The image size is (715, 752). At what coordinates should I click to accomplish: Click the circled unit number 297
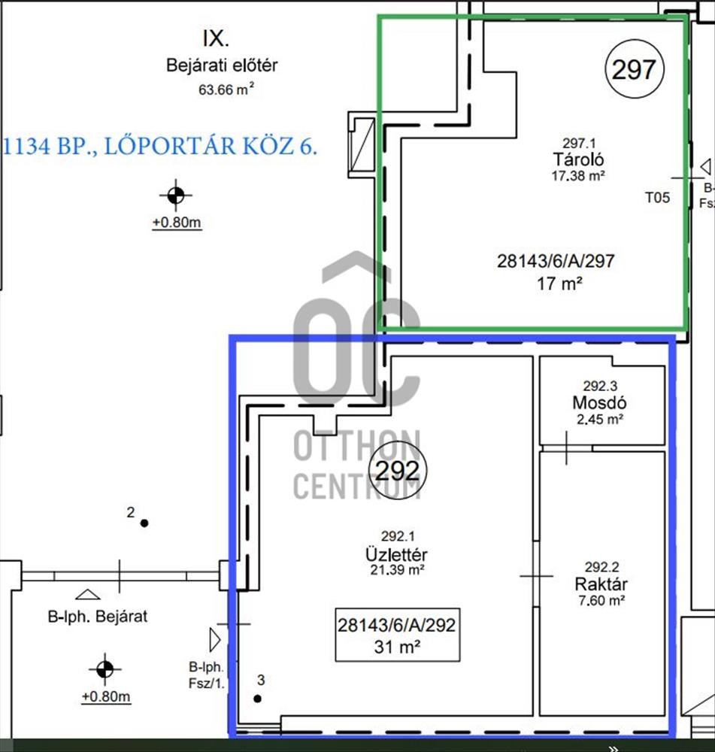click(634, 69)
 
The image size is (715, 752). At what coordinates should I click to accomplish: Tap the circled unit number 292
click(397, 471)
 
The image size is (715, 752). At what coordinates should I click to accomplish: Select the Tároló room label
click(578, 159)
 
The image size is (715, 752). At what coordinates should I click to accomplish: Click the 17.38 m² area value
click(578, 175)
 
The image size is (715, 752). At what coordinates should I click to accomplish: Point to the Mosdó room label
click(599, 402)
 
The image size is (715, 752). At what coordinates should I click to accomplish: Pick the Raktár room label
click(601, 584)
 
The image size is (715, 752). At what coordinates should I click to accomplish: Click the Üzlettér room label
click(396, 554)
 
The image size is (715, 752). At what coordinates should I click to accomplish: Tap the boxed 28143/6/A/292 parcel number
click(396, 625)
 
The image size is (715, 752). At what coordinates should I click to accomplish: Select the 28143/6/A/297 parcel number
click(556, 261)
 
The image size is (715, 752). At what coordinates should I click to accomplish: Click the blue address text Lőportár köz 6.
click(211, 146)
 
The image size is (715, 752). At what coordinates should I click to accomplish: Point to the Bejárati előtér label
click(222, 65)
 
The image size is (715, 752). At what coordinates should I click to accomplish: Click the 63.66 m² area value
click(226, 89)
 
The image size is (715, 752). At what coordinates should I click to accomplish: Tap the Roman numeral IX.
click(216, 39)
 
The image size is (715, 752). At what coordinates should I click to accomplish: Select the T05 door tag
click(657, 198)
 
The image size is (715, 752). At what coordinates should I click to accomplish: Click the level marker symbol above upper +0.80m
click(175, 196)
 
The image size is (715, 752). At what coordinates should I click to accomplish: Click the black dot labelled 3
click(258, 699)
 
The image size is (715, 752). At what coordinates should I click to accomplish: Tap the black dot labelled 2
click(144, 523)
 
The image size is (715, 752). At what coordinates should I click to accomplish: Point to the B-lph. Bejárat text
click(97, 616)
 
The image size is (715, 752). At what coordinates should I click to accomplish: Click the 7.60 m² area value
click(601, 600)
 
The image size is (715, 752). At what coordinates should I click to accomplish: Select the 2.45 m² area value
click(600, 420)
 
